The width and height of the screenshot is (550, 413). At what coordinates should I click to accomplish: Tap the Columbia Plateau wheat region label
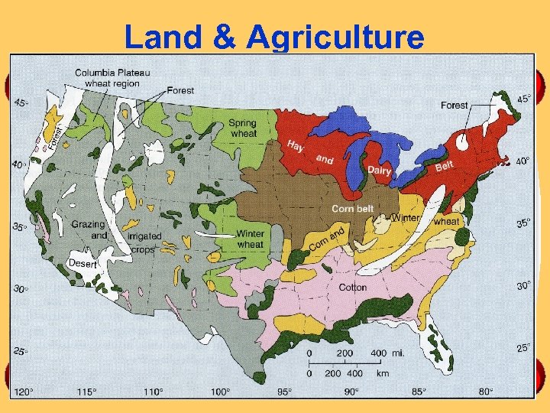click(x=112, y=77)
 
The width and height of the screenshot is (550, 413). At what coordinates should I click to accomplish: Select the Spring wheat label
click(x=244, y=128)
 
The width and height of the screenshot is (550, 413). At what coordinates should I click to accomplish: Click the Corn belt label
click(x=352, y=208)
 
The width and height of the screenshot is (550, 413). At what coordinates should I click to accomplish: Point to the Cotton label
click(x=353, y=288)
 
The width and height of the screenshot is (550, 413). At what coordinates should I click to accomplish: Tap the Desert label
click(x=83, y=263)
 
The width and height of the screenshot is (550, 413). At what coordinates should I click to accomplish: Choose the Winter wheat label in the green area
click(x=250, y=239)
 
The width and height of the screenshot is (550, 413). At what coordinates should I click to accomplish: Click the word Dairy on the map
click(x=380, y=170)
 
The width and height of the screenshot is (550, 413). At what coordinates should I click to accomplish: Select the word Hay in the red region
click(x=296, y=145)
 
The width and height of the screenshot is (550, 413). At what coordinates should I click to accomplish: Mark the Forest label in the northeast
click(x=455, y=105)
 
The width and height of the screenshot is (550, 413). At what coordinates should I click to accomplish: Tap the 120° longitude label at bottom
click(x=24, y=392)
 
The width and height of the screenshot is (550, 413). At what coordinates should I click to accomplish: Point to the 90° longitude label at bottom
click(x=351, y=392)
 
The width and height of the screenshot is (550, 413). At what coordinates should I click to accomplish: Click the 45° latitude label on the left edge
click(x=21, y=103)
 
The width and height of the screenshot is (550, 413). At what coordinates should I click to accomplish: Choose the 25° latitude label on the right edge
click(x=523, y=348)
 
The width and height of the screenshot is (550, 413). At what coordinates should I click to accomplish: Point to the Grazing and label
click(x=89, y=230)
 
